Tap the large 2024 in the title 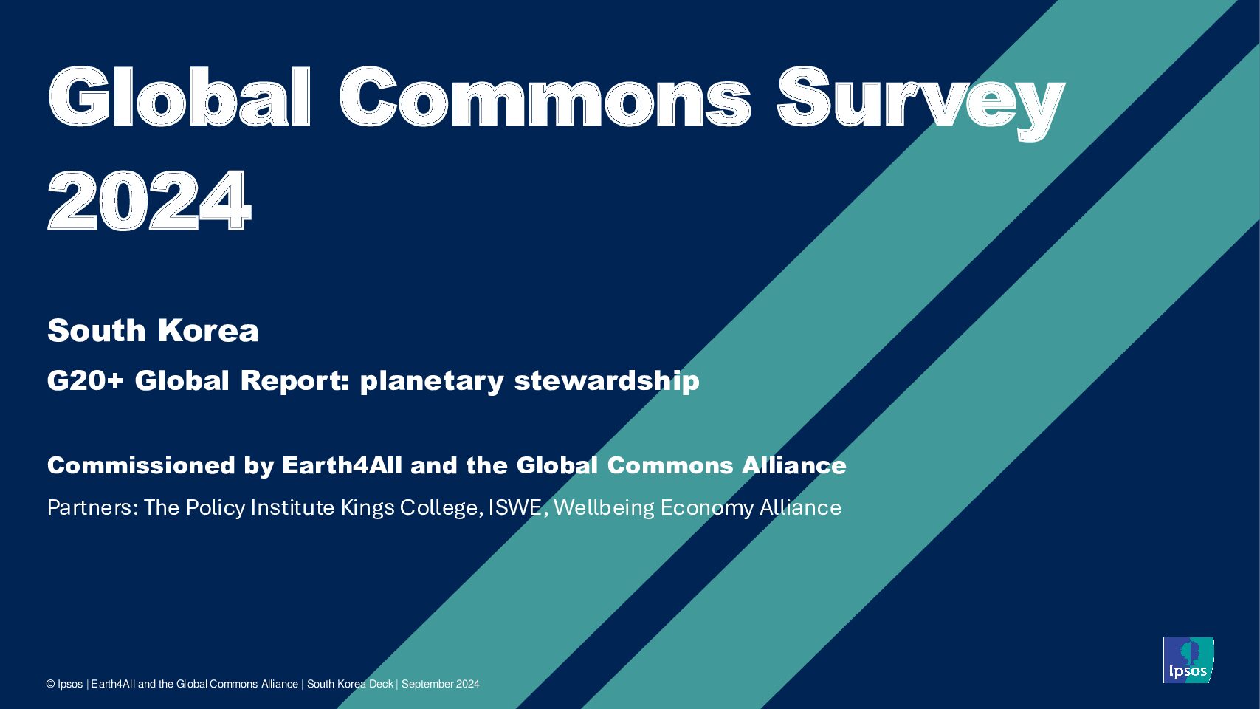click(x=149, y=200)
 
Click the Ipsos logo click(x=1188, y=660)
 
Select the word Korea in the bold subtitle click(x=208, y=330)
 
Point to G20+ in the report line click(x=85, y=380)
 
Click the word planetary click(x=432, y=382)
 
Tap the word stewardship click(x=607, y=382)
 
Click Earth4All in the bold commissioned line click(x=342, y=465)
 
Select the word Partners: click(x=93, y=507)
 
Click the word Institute click(x=292, y=507)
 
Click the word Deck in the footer click(x=382, y=684)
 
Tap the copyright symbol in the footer click(x=51, y=684)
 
